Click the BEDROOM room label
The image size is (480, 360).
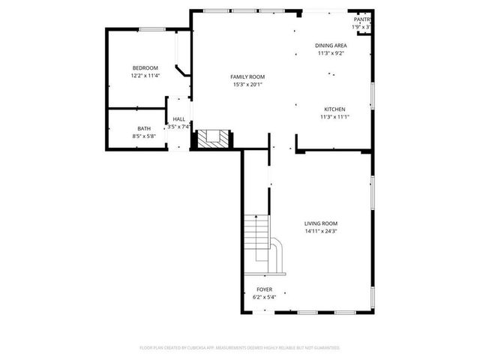click(145, 68)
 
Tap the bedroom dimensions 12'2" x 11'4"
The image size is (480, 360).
click(145, 76)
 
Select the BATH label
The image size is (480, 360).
click(143, 129)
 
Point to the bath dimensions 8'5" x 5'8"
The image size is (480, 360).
click(143, 136)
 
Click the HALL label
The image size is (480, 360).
click(179, 119)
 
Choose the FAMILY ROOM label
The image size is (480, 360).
click(247, 76)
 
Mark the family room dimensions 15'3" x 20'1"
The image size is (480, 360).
click(247, 84)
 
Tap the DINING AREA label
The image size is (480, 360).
click(331, 46)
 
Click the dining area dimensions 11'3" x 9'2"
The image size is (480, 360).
click(331, 53)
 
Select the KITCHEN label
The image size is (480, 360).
click(334, 109)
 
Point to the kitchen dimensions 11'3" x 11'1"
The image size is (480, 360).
click(334, 116)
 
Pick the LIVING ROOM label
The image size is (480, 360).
click(321, 223)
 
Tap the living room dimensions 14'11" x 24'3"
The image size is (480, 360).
click(321, 231)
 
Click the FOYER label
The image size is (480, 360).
click(265, 289)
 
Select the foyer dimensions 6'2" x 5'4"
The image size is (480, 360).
click(265, 297)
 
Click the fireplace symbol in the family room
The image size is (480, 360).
click(212, 138)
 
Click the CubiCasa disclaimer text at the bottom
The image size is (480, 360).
click(240, 347)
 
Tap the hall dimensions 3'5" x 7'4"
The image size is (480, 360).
click(179, 127)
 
